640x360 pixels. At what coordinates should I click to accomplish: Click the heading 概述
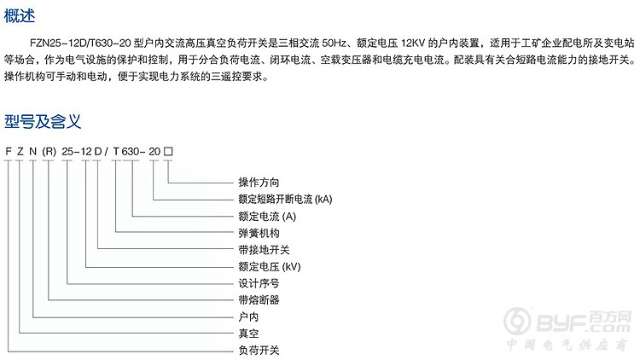coord(19,16)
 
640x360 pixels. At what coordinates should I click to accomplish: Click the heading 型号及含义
coord(43,121)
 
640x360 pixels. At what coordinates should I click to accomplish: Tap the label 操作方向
coord(259,182)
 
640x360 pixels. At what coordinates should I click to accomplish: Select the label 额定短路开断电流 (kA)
coord(285,199)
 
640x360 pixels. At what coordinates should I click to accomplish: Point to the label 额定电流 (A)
coord(267,217)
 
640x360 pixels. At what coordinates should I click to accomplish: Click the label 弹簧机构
coord(259,233)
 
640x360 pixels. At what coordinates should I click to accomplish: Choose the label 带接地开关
coord(264,250)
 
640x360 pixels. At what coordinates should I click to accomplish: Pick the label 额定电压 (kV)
coord(270,266)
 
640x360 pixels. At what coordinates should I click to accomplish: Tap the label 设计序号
coord(259,283)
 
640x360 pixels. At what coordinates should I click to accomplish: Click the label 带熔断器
coord(259,300)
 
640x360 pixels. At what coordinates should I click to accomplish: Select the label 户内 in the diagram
coord(248,316)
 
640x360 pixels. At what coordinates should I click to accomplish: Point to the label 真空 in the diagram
coord(248,334)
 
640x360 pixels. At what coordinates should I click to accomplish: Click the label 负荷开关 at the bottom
coord(259,351)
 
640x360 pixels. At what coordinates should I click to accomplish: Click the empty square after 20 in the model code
coord(168,152)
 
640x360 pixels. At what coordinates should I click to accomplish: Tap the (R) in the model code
coord(49,152)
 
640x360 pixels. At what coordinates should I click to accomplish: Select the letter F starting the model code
coord(9,152)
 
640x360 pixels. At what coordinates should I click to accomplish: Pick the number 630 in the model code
coord(131,152)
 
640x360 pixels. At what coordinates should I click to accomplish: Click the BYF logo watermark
coord(567,322)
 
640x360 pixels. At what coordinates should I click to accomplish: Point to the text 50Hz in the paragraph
coord(334,43)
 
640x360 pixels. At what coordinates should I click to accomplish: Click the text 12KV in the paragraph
coord(413,43)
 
